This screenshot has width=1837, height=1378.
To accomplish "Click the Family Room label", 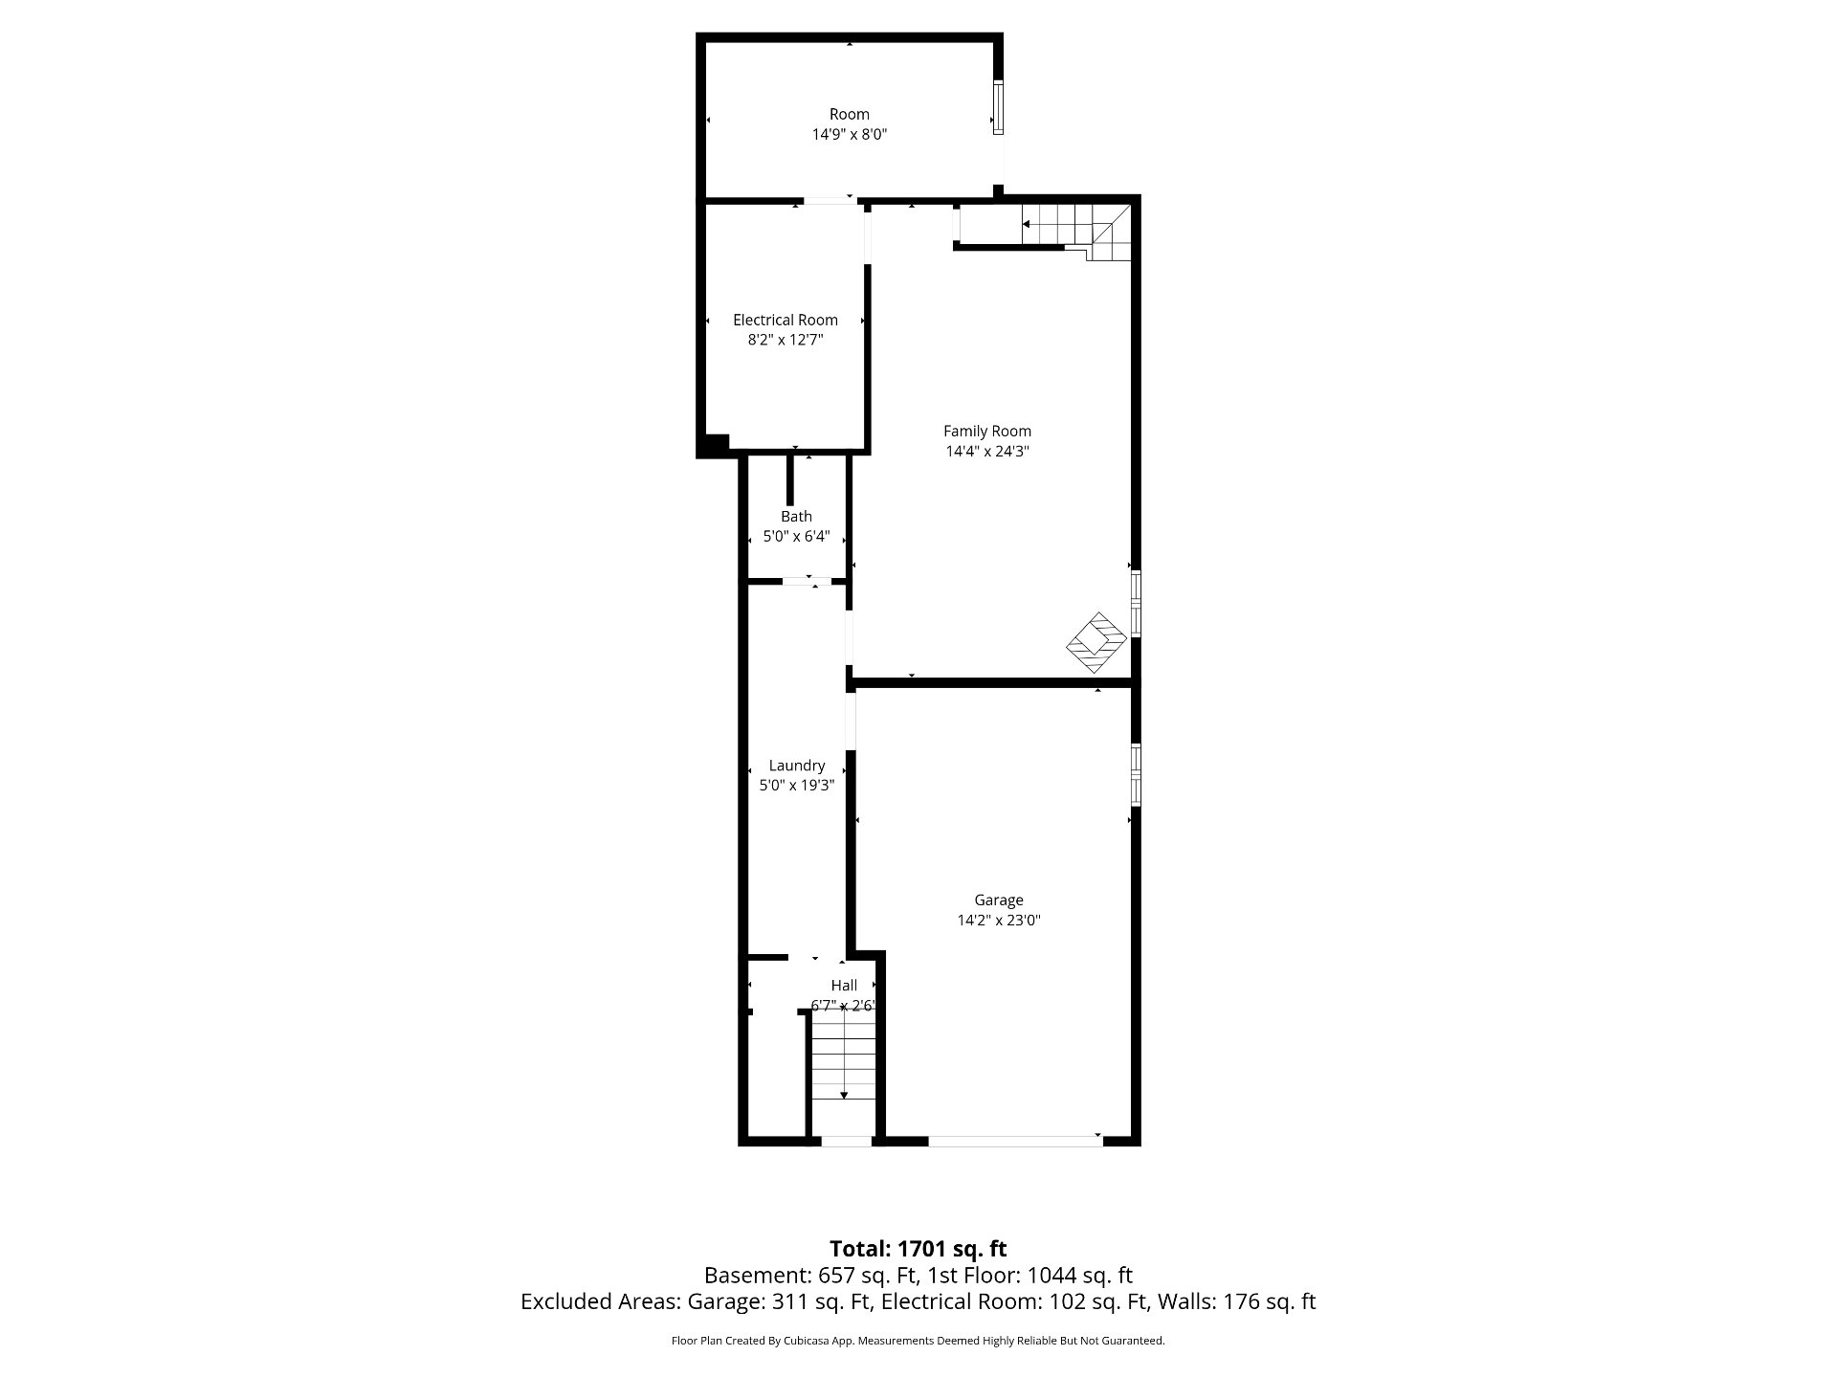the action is tap(987, 432).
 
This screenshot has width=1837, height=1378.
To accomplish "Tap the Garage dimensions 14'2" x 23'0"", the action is tap(999, 921).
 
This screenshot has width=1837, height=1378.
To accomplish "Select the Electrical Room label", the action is tap(786, 321).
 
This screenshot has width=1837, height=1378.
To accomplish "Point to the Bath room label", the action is tap(796, 517).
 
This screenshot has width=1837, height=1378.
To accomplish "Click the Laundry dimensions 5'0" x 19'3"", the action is tap(797, 786).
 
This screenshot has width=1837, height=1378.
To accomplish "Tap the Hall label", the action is tap(844, 986).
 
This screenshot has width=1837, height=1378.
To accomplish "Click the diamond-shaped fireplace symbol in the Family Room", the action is tap(1096, 641).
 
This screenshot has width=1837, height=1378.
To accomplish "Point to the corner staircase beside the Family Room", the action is tap(1077, 231).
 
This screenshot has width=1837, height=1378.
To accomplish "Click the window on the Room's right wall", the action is tap(998, 107).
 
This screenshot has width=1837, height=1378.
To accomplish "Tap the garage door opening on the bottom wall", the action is tap(1014, 1140).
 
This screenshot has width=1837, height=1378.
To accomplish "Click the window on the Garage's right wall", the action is tap(1136, 772).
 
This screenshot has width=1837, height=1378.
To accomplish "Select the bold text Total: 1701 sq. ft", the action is tap(918, 1249).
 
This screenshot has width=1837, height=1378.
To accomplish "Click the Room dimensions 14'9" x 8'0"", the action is tap(850, 135).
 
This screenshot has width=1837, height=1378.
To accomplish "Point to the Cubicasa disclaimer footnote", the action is tap(918, 1341).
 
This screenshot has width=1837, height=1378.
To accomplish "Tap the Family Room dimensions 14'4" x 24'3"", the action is tap(987, 452).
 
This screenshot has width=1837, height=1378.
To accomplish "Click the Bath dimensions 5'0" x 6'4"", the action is tap(796, 537).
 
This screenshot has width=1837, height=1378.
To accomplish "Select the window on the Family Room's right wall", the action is tap(1136, 603).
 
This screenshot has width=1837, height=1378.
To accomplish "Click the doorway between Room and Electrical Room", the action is tap(829, 200).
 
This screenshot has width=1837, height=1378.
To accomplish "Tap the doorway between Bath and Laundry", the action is tap(808, 581).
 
